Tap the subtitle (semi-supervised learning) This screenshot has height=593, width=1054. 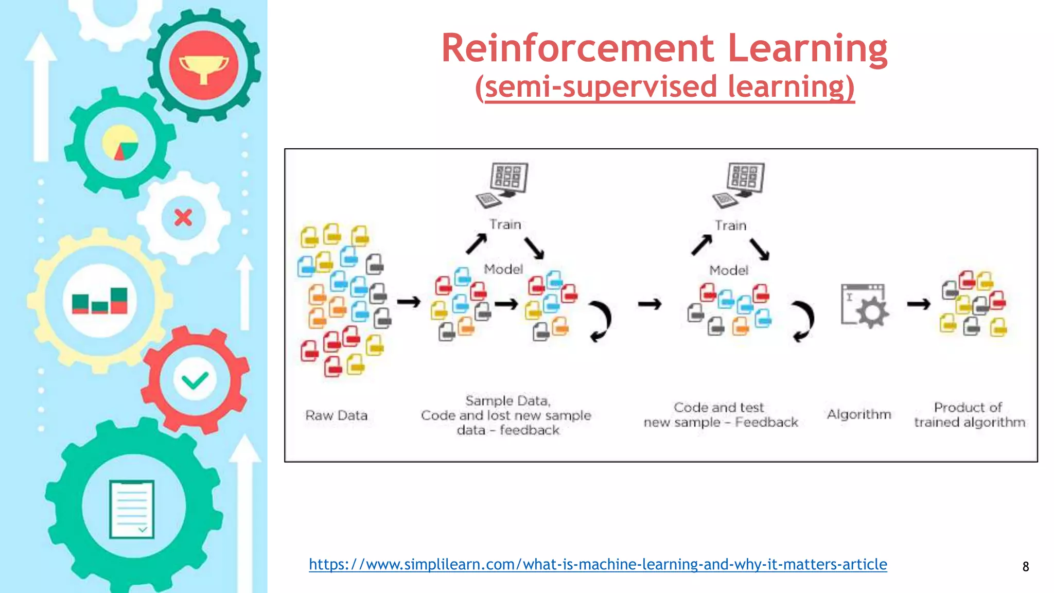click(x=664, y=86)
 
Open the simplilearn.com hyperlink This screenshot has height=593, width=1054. click(x=598, y=564)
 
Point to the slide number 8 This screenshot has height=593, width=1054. click(x=1025, y=567)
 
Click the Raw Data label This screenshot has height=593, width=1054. click(x=336, y=415)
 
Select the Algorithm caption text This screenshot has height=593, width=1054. click(x=858, y=414)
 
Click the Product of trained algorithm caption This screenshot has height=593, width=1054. click(x=969, y=415)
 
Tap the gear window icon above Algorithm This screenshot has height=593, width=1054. click(x=864, y=305)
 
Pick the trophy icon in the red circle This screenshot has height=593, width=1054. click(x=204, y=66)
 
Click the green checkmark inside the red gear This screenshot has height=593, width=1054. click(x=195, y=380)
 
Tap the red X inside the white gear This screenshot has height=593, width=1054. click(x=183, y=218)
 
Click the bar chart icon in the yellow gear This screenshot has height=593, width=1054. click(x=100, y=301)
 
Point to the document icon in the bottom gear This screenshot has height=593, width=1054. click(x=132, y=509)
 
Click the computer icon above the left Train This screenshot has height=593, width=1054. click(x=503, y=184)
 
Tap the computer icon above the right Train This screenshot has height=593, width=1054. click(x=740, y=184)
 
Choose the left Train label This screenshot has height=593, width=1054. click(x=505, y=224)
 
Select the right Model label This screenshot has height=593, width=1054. click(x=728, y=270)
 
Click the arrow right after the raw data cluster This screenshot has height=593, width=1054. click(x=409, y=302)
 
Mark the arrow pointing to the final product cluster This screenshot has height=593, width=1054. click(x=918, y=304)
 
